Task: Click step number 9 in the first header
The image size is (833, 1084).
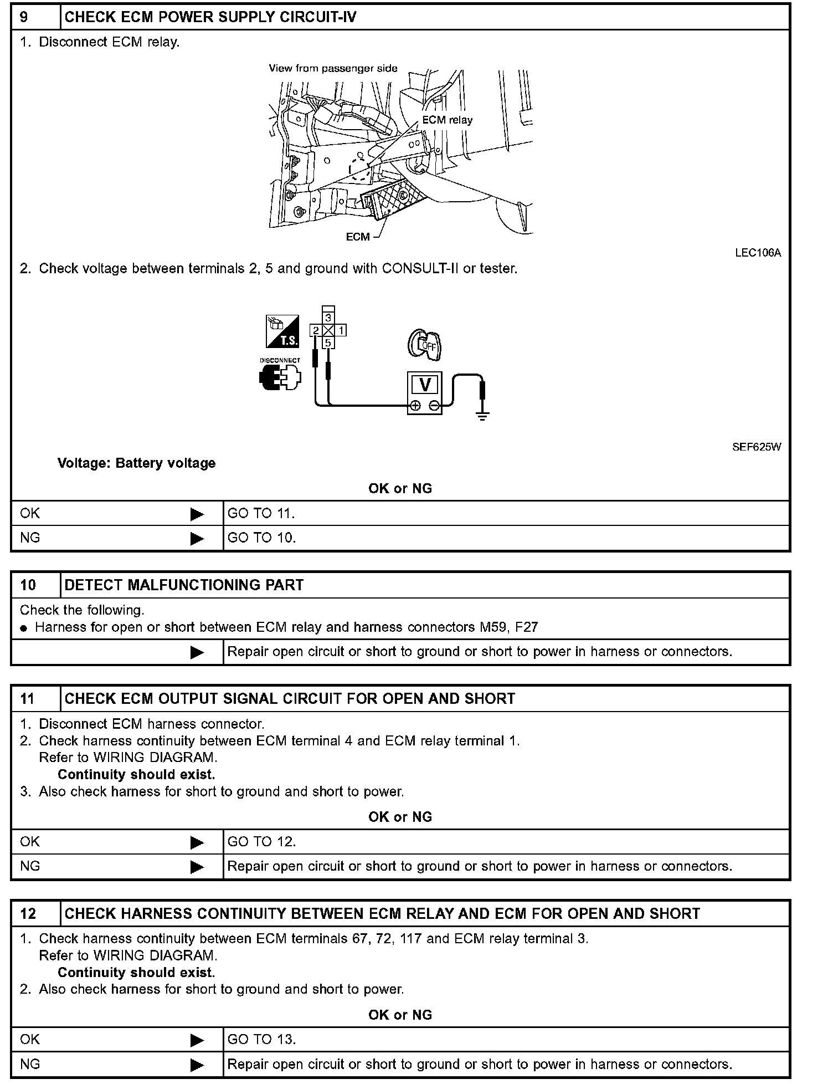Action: (x=24, y=17)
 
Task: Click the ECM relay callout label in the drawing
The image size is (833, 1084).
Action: (x=447, y=120)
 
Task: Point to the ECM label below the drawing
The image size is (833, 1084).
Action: (x=357, y=237)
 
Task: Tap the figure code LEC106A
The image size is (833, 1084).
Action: (x=758, y=253)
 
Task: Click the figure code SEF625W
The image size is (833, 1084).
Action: (x=757, y=447)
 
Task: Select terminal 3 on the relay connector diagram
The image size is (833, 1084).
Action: (x=328, y=318)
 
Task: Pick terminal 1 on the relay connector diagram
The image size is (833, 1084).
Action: (x=341, y=330)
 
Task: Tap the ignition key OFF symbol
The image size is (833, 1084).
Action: (x=424, y=344)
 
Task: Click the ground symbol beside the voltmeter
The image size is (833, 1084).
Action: (x=482, y=416)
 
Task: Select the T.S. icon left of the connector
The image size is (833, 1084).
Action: (x=282, y=331)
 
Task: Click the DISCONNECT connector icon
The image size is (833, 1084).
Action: (x=280, y=378)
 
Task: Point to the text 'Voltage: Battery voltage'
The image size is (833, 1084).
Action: (x=136, y=463)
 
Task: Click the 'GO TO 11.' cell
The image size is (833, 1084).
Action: (x=261, y=513)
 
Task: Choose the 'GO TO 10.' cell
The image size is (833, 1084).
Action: (x=261, y=538)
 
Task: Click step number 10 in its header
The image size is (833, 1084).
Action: (x=28, y=585)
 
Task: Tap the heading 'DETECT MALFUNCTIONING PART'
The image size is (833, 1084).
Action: (x=184, y=585)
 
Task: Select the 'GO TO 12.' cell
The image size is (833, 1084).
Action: (x=261, y=841)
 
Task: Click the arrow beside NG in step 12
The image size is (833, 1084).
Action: (x=197, y=1065)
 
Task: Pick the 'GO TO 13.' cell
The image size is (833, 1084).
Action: (x=261, y=1039)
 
